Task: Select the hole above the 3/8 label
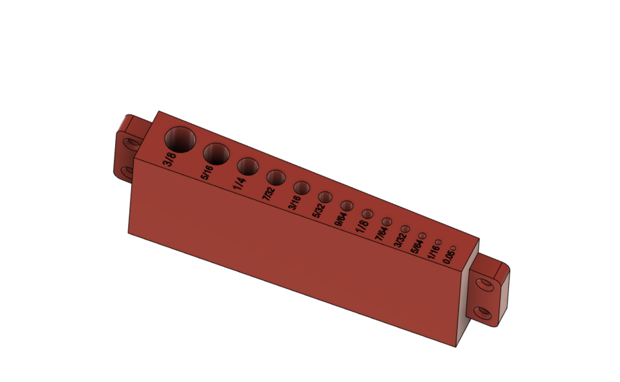point(181,139)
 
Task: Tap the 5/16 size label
point(207,172)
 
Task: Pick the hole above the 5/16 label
point(216,154)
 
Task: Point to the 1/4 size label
point(239,183)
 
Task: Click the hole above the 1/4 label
point(247,166)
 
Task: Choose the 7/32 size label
point(268,193)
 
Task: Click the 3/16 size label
point(294,202)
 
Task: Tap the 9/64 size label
point(340,218)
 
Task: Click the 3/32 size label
point(400,239)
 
